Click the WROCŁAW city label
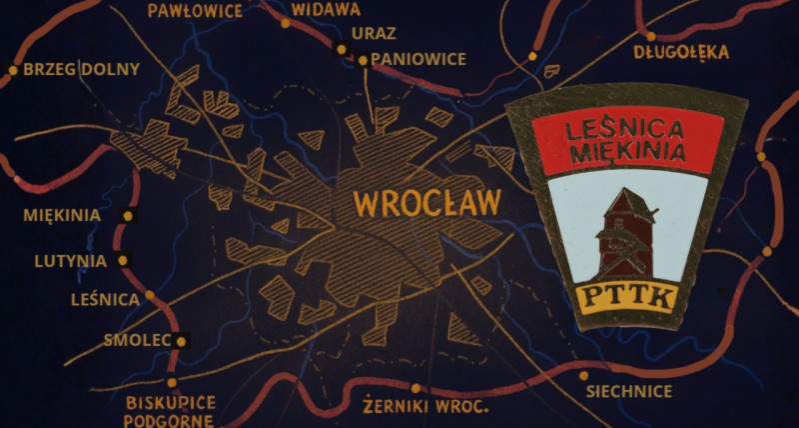point(427,203)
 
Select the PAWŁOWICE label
point(195,11)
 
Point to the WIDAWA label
point(326,9)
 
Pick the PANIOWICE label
point(418,59)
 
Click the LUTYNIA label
point(70,261)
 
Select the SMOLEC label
point(138,340)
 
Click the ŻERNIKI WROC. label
point(424,407)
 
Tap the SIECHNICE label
point(628,391)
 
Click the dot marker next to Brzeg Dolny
point(13,70)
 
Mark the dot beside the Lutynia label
point(123,260)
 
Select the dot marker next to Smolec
point(182,340)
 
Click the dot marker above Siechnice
point(583,376)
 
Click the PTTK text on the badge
point(628,297)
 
